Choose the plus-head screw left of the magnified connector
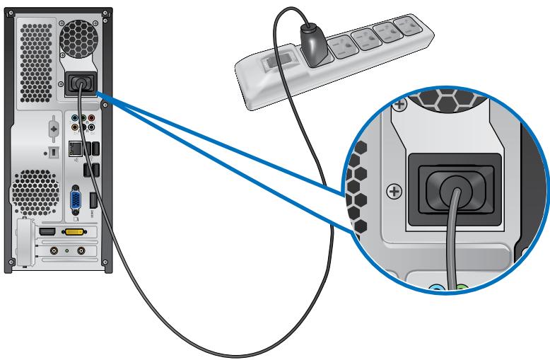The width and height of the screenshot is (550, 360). pyautogui.click(x=396, y=192)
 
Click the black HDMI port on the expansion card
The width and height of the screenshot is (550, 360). pyautogui.click(x=47, y=232)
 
